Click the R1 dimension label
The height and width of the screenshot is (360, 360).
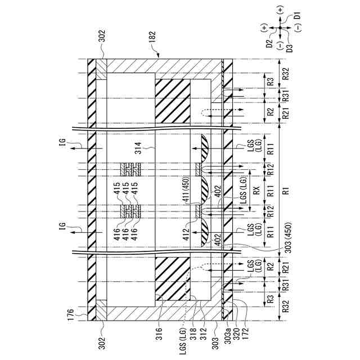tap(286, 191)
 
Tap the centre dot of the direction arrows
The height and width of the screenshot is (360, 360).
tap(280, 28)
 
